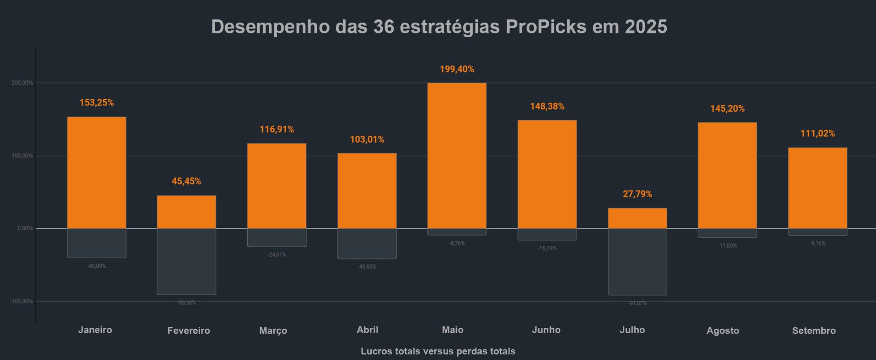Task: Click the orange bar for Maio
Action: pyautogui.click(x=457, y=156)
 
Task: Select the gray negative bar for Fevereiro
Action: pyautogui.click(x=186, y=261)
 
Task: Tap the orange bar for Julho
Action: pyautogui.click(x=637, y=218)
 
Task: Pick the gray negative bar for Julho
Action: pyautogui.click(x=637, y=262)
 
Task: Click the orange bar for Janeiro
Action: pyautogui.click(x=97, y=173)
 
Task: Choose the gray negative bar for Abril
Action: pyautogui.click(x=367, y=243)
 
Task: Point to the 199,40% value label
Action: pyautogui.click(x=457, y=69)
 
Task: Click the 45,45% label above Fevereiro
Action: pyautogui.click(x=186, y=181)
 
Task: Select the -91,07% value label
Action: pyautogui.click(x=637, y=303)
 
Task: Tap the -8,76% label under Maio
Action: pyautogui.click(x=457, y=243)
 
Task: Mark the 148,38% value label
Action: pyautogui.click(x=547, y=106)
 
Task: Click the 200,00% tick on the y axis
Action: pyautogui.click(x=22, y=83)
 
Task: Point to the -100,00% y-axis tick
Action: pyautogui.click(x=21, y=301)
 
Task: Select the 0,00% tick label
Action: pyautogui.click(x=25, y=228)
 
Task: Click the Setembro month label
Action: pyautogui.click(x=814, y=330)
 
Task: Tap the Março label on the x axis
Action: pyautogui.click(x=273, y=330)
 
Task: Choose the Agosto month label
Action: pyautogui.click(x=722, y=330)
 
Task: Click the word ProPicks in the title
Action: pyautogui.click(x=546, y=27)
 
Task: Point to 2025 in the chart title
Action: pyautogui.click(x=646, y=27)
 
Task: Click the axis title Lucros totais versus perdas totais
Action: pyautogui.click(x=438, y=351)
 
